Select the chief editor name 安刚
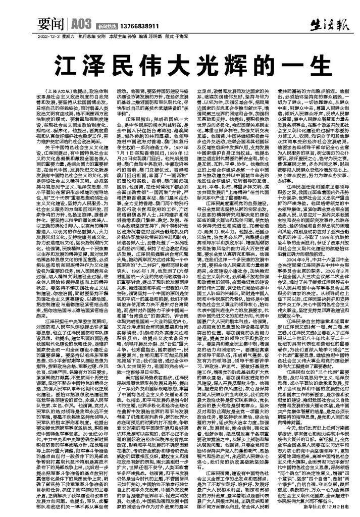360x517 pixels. point(101,36)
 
